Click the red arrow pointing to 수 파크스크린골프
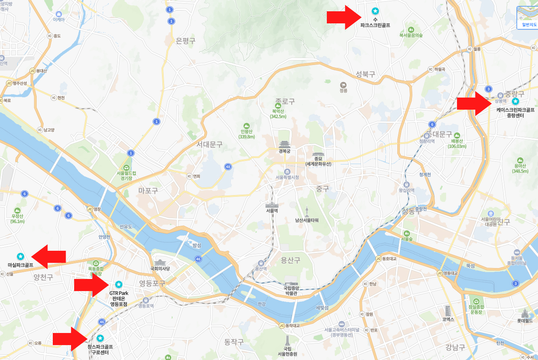343,17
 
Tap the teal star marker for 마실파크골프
20,256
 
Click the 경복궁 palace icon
285,144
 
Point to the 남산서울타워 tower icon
307,212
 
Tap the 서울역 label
272,210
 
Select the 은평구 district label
186,41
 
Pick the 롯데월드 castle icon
524,313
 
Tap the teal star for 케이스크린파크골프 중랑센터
515,101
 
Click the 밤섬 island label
197,245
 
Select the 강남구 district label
455,347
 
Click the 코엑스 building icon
448,311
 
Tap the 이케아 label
58,19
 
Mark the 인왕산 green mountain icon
247,126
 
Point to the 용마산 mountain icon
520,160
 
